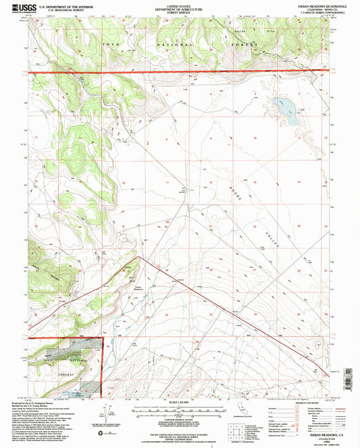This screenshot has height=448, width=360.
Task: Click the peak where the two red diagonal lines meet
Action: (138, 256)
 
